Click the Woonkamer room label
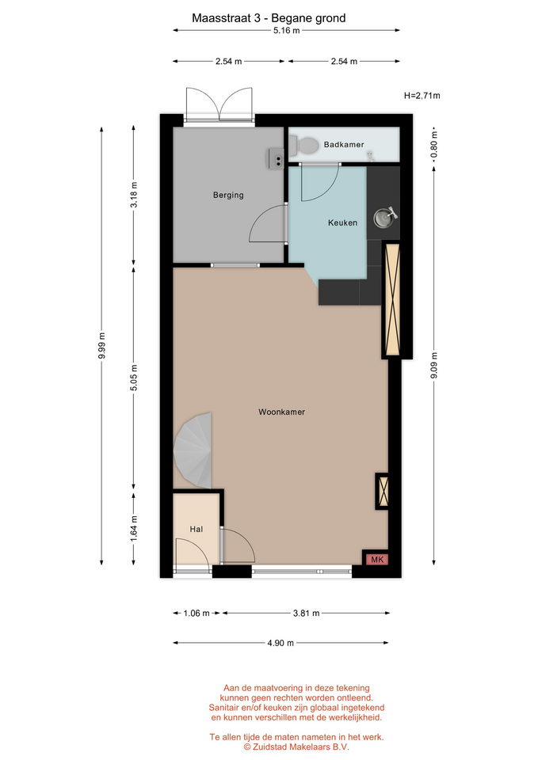tap(281, 412)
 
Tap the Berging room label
tap(228, 196)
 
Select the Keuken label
tap(342, 223)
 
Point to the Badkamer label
tap(343, 144)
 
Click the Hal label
tap(197, 530)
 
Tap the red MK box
tap(377, 560)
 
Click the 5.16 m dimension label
tap(286, 31)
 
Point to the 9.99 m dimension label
tap(101, 346)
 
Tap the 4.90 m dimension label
tap(280, 643)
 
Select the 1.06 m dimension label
tap(197, 613)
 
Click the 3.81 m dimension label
tap(306, 613)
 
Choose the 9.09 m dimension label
tap(433, 366)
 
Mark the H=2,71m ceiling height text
tap(422, 96)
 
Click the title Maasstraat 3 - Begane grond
tap(269, 18)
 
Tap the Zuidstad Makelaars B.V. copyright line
tap(296, 747)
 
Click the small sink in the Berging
tap(276, 158)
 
